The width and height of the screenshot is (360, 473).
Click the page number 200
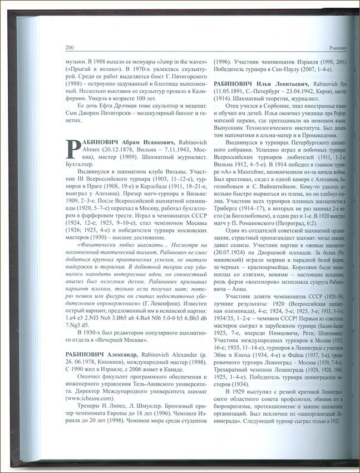[70, 47]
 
